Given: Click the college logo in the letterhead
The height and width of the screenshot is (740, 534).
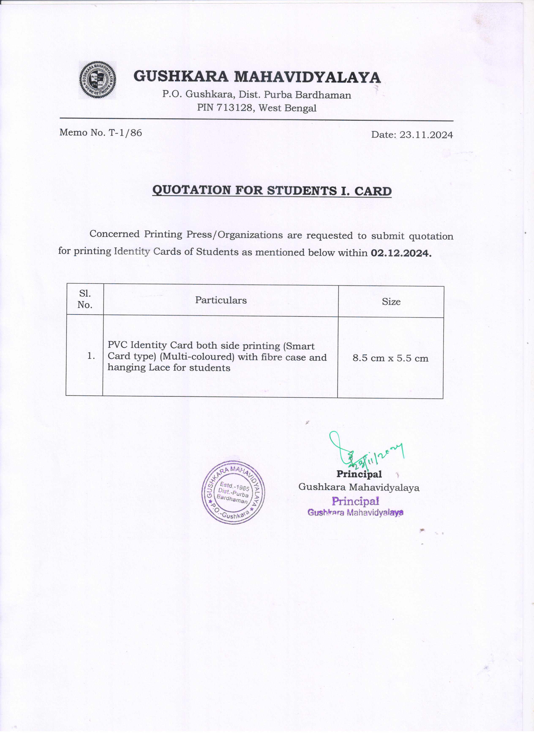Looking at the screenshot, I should (x=98, y=80).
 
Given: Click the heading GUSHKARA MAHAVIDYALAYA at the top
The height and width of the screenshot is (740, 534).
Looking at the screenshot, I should (x=257, y=77).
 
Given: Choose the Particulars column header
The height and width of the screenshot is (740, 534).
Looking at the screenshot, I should (x=221, y=300).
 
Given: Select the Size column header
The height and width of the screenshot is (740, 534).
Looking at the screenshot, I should (x=391, y=302).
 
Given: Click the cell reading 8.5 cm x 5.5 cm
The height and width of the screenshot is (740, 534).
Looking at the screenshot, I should (x=390, y=358).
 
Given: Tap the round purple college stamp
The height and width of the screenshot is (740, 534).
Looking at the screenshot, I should (x=233, y=492).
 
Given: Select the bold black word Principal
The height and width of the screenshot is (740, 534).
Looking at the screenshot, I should (x=359, y=474).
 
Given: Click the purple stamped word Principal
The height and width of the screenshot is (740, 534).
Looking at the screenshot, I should (x=355, y=501).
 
